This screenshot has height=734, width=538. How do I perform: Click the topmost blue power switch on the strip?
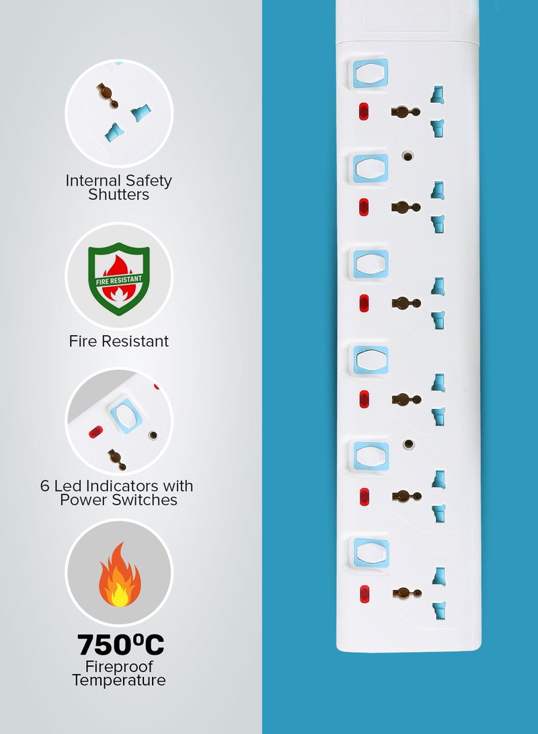point(370,73)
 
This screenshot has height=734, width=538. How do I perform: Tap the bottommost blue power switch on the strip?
point(371,553)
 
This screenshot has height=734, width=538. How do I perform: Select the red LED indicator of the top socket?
point(364,112)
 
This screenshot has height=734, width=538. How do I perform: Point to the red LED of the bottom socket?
point(364,594)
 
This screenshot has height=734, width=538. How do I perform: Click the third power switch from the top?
point(371,264)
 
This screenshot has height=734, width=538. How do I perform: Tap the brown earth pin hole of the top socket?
point(405,112)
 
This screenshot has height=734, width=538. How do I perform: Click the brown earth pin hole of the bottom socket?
point(407,593)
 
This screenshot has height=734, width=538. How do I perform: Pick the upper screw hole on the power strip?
point(408,156)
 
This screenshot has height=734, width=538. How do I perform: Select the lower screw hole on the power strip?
point(409,444)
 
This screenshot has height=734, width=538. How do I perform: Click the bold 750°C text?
point(120,645)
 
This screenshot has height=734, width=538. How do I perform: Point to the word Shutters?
point(119,194)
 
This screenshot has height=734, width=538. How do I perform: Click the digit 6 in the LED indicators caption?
point(44,486)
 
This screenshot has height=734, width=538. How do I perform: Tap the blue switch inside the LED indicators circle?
point(126,415)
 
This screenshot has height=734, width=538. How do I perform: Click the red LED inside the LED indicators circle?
point(96,432)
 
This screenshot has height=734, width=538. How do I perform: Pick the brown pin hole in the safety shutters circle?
point(107,95)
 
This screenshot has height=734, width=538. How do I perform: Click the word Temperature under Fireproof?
point(119,680)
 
